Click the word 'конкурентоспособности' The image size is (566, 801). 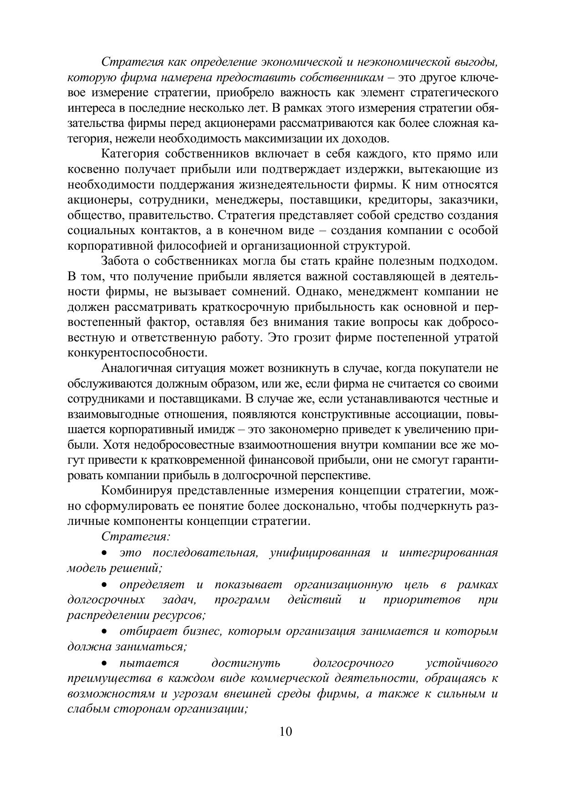[x=135, y=353]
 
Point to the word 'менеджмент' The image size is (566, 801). [x=389, y=292]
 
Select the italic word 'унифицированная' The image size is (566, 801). [x=319, y=553]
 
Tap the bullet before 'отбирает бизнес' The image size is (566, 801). [x=105, y=632]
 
